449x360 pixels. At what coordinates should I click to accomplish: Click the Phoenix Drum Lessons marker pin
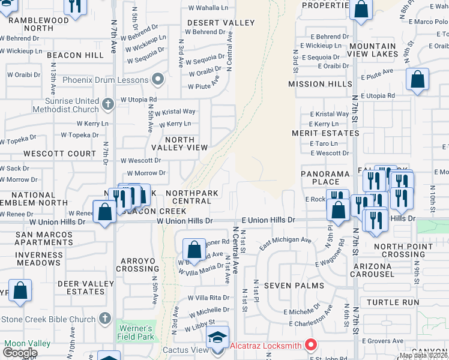coord(158,79)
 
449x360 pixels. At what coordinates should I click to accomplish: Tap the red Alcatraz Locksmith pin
coord(310,345)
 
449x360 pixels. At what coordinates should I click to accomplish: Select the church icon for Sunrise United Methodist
coord(108,104)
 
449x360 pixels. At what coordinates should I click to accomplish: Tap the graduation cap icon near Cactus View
coord(217,336)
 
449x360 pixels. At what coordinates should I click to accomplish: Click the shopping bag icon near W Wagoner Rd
coord(194,248)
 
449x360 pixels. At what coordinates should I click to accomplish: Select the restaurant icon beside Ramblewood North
coord(75,6)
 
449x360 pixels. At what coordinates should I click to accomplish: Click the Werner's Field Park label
coord(136,333)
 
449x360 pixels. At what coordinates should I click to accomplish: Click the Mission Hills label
coord(319,84)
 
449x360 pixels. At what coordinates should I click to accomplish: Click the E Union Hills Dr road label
coord(268,221)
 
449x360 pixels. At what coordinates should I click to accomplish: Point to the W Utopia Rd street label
coord(139,99)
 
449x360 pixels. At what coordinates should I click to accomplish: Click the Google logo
coord(20,352)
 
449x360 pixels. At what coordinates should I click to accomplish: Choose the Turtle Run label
coord(391,302)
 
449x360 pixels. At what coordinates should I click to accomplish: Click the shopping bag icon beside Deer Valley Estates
coord(20,290)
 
